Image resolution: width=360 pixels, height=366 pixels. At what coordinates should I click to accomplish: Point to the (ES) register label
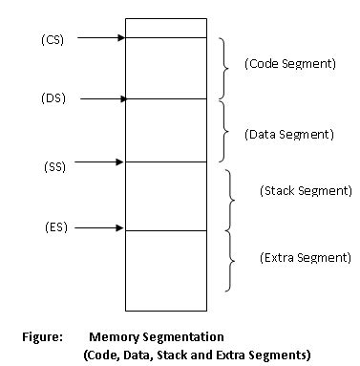[55, 227]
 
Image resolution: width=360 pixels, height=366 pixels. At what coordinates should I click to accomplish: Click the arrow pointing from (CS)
[100, 38]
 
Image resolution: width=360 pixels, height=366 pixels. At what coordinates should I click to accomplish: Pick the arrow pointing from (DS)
[100, 98]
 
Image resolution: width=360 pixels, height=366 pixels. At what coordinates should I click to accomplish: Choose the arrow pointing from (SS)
[100, 161]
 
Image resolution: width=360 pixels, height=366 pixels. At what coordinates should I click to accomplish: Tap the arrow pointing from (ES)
[100, 228]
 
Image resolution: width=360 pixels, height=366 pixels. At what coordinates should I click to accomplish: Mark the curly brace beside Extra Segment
[232, 259]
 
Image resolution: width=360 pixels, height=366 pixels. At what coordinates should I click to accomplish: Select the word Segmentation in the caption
[182, 337]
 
